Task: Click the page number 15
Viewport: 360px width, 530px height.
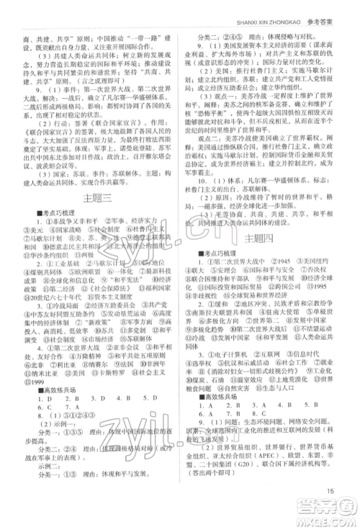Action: tap(329, 513)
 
